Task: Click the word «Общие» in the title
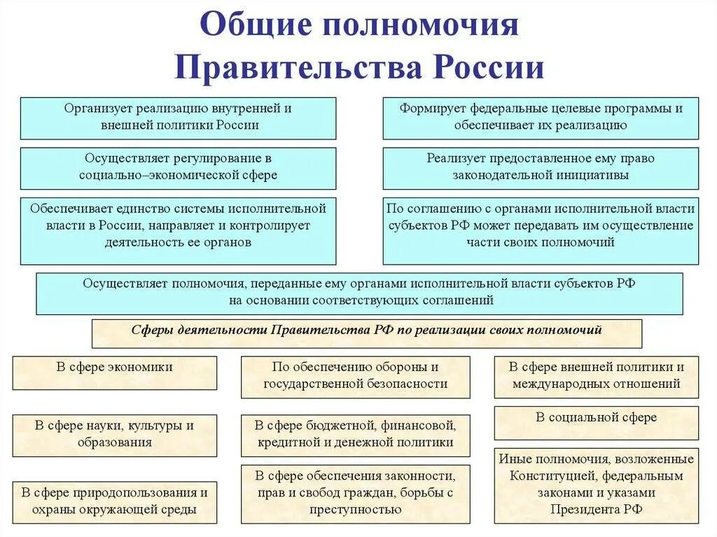pyautogui.click(x=255, y=25)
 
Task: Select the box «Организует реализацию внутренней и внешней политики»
pyautogui.click(x=178, y=118)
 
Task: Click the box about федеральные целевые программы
pyautogui.click(x=541, y=118)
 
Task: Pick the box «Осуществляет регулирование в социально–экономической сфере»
pyautogui.click(x=178, y=167)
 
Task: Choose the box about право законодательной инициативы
pyautogui.click(x=541, y=167)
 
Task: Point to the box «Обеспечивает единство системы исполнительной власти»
pyautogui.click(x=178, y=230)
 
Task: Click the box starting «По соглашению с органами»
pyautogui.click(x=541, y=230)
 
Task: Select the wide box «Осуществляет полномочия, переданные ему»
pyautogui.click(x=359, y=293)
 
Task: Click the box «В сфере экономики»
pyautogui.click(x=115, y=372)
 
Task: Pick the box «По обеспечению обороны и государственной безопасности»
pyautogui.click(x=355, y=376)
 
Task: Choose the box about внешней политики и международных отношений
pyautogui.click(x=596, y=376)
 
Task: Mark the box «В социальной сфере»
pyautogui.click(x=596, y=422)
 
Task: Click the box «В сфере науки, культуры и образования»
pyautogui.click(x=115, y=434)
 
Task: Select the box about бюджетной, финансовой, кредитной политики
pyautogui.click(x=355, y=434)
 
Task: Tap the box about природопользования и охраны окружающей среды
pyautogui.click(x=115, y=501)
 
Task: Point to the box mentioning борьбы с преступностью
pyautogui.click(x=355, y=493)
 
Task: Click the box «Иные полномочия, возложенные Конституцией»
pyautogui.click(x=596, y=484)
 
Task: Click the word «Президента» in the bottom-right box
pyautogui.click(x=586, y=510)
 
